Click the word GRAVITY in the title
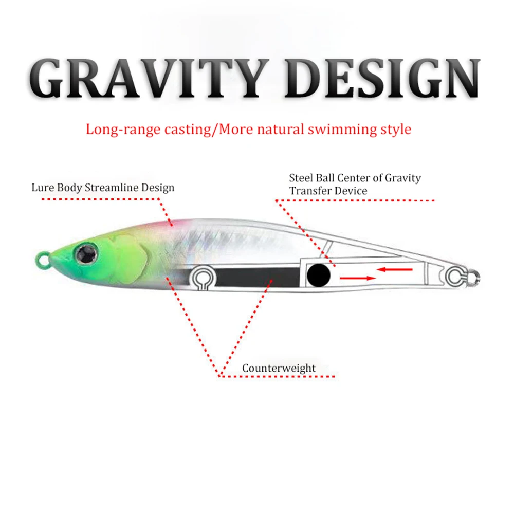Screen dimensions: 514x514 tap(149, 79)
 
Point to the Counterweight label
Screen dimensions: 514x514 tap(279, 368)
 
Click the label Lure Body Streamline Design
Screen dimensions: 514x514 tap(103, 187)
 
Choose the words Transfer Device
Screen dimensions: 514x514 tap(328, 191)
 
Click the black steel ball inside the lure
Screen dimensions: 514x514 tap(319, 276)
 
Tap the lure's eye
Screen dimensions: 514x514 tap(83, 252)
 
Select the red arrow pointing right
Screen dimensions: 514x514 tap(357, 278)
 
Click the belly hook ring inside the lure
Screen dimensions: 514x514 tap(201, 278)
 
